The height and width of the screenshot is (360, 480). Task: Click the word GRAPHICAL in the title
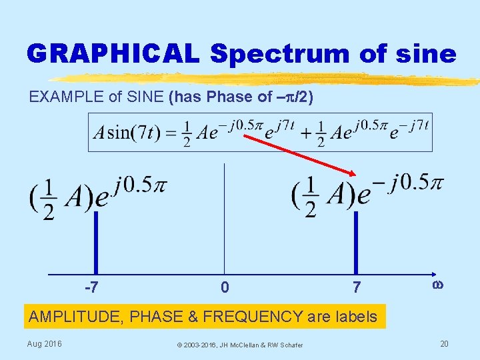113,53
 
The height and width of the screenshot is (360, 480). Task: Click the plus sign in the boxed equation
302,132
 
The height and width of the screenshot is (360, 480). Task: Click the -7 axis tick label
92,288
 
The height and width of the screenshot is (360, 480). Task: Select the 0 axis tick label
225,289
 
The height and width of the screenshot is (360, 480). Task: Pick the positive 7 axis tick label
357,288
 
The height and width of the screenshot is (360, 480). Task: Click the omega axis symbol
438,285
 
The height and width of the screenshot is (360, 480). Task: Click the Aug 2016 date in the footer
45,343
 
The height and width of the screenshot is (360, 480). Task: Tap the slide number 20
444,343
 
